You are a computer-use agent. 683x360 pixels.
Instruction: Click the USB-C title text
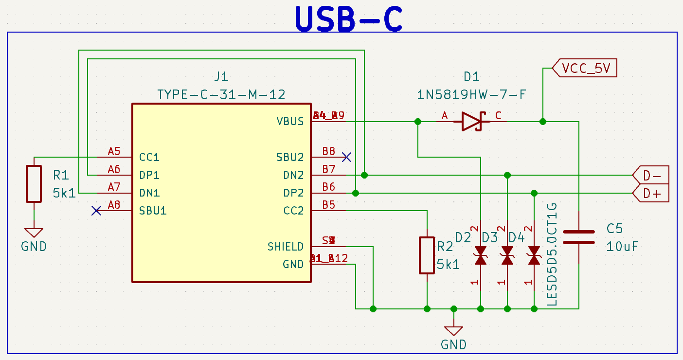[x=348, y=18]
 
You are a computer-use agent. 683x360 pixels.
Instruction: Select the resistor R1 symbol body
[x=34, y=184]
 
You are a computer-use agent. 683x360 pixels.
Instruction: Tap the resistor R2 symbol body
[x=427, y=255]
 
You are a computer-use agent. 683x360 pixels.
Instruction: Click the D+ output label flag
[x=651, y=194]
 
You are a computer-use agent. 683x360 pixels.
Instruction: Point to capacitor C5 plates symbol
[x=579, y=237]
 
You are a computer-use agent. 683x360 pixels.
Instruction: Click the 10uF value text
[x=622, y=247]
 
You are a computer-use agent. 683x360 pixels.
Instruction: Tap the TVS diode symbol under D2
[x=481, y=255]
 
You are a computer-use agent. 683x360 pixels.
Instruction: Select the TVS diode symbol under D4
[x=534, y=255]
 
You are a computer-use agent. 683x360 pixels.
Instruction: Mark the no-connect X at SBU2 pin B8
[x=346, y=157]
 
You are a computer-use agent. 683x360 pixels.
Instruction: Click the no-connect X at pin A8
[x=96, y=211]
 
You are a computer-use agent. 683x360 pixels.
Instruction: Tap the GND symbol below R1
[x=34, y=233]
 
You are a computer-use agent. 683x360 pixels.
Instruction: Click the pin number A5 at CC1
[x=114, y=151]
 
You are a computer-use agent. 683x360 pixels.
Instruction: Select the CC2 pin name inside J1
[x=293, y=211]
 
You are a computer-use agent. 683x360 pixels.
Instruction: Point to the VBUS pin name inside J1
[x=290, y=121]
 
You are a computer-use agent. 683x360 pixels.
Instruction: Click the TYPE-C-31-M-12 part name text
[x=221, y=94]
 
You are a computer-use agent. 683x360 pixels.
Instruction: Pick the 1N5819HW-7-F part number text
[x=471, y=94]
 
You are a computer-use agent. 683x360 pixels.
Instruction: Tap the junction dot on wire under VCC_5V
[x=543, y=121]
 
